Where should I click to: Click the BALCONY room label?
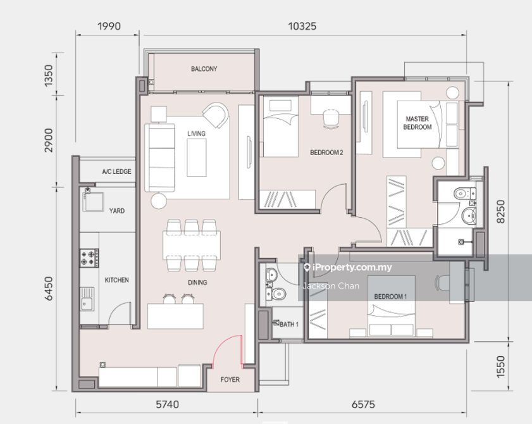click(x=204, y=69)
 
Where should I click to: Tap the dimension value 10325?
click(x=302, y=26)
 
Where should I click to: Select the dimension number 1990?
click(x=109, y=26)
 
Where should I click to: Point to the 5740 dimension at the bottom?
click(x=167, y=404)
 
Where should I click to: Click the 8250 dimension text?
click(x=501, y=211)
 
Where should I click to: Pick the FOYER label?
click(x=230, y=380)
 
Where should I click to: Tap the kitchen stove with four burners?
click(x=89, y=258)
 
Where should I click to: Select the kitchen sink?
click(x=87, y=299)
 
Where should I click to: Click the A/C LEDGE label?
click(x=117, y=171)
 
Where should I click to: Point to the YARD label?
click(x=117, y=211)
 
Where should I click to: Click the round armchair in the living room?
click(x=216, y=115)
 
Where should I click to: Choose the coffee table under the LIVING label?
click(x=197, y=158)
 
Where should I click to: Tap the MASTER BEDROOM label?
click(x=418, y=123)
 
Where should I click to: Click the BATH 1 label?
click(x=288, y=324)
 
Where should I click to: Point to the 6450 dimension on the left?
click(x=49, y=289)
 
